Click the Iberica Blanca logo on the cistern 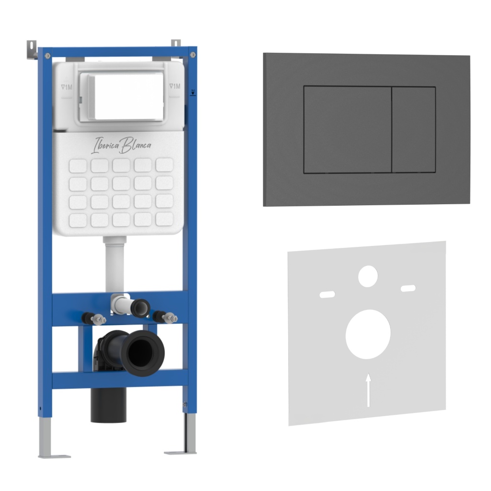[x=121, y=145]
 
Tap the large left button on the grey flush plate [x=348, y=129]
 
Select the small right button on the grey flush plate [x=414, y=129]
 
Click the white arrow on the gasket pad [x=369, y=390]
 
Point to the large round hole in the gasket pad [x=368, y=334]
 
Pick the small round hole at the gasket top [x=368, y=276]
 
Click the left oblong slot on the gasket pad [x=327, y=294]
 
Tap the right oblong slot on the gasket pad [x=409, y=288]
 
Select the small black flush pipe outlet [x=140, y=308]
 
